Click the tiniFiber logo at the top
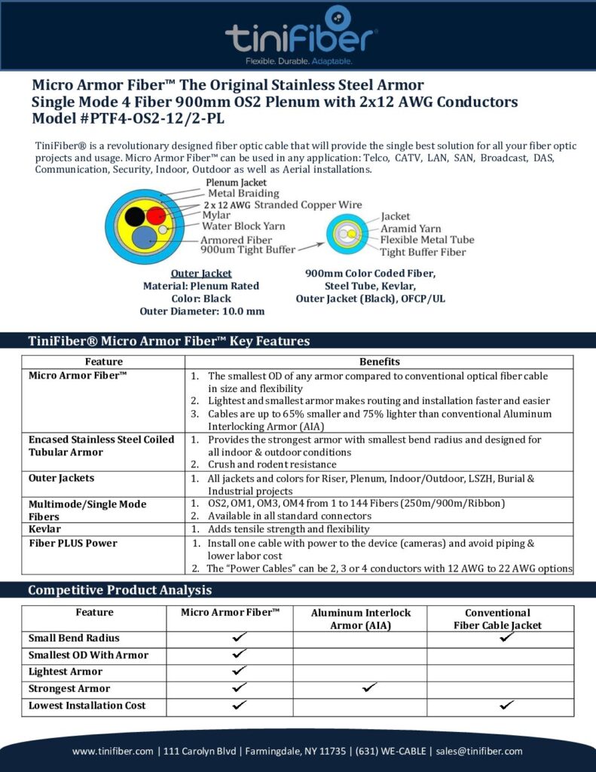click(x=301, y=34)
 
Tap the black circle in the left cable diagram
click(x=135, y=216)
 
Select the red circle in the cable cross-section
click(x=155, y=215)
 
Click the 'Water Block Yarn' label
click(x=243, y=226)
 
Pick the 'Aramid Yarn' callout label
click(x=411, y=228)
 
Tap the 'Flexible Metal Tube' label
click(x=427, y=240)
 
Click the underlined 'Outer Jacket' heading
click(x=201, y=273)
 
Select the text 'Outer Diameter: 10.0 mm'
click(x=202, y=311)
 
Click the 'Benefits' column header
click(x=379, y=362)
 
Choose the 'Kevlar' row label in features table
click(x=45, y=529)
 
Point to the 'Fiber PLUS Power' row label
click(x=73, y=543)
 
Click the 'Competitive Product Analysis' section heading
click(x=120, y=590)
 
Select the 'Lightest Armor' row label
click(x=66, y=672)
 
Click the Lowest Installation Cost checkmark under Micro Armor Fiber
click(x=240, y=706)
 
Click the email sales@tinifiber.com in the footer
click(x=481, y=751)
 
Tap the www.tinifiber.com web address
click(x=113, y=751)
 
